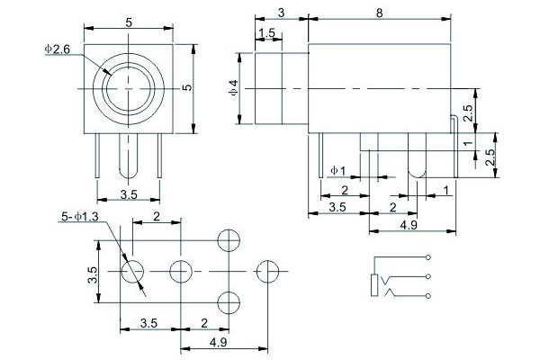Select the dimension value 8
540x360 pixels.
click(377, 12)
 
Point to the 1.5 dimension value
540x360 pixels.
click(266, 33)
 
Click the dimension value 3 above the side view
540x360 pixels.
click(281, 12)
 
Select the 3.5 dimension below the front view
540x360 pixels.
click(130, 194)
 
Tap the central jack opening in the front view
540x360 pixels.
click(131, 87)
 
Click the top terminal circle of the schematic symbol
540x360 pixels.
click(428, 260)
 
